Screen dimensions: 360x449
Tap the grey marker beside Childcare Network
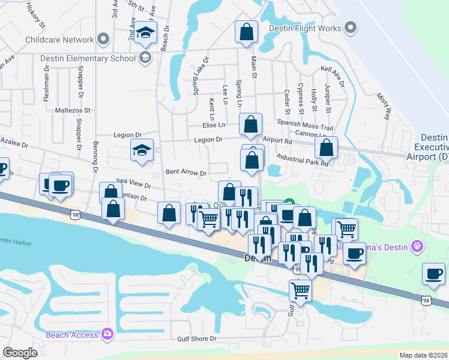click(103, 40)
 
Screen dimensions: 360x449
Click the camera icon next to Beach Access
click(107, 334)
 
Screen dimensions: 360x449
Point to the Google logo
click(20, 353)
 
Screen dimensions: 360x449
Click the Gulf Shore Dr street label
click(196, 339)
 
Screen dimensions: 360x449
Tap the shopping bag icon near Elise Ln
click(251, 124)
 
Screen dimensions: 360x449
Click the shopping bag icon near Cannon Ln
click(326, 148)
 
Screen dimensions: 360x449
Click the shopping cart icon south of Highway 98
click(300, 291)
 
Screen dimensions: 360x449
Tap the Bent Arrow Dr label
click(186, 173)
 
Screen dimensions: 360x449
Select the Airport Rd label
click(277, 141)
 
